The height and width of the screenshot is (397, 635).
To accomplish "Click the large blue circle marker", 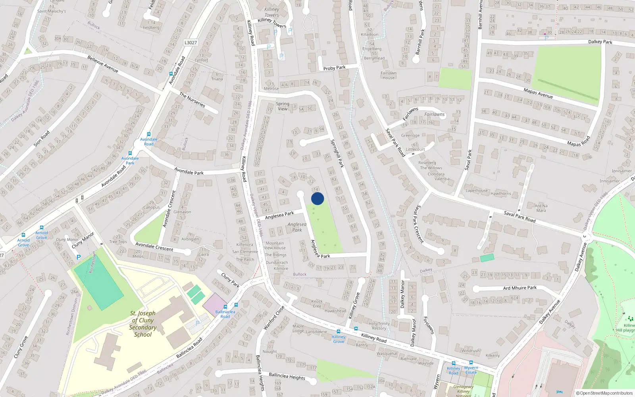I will point(317,198).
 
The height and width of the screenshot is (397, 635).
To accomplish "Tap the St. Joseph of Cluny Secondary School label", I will point(143,324).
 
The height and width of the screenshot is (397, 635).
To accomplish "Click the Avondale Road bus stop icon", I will point(149,134).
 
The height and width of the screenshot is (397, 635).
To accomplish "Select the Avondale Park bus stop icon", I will point(130,153).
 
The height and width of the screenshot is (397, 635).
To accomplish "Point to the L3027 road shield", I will point(190,42).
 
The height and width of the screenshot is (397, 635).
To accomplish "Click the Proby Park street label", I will point(334,68).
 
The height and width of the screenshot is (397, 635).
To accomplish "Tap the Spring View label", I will point(283,106).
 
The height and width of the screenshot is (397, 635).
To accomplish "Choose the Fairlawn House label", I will point(389,75).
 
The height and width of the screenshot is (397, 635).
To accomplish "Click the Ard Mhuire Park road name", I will point(520,288).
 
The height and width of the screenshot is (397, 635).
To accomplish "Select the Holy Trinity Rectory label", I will point(379,326).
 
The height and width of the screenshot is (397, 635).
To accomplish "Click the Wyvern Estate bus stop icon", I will point(471,362).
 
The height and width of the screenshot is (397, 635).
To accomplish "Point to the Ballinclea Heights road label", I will point(287,376).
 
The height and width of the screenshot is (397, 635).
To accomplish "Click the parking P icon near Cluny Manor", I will point(79,257).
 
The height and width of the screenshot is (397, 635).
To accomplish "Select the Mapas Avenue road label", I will point(538,93).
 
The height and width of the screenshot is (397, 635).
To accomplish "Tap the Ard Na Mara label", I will point(541,208).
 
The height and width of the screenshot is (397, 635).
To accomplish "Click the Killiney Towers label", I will point(272,12).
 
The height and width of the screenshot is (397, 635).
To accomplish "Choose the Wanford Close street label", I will point(274,318).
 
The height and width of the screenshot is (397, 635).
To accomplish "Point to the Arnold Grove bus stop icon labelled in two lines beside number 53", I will point(41,228).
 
